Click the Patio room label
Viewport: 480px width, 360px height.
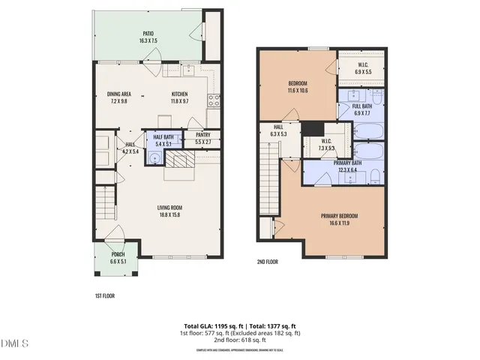148,37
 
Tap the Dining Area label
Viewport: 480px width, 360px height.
119,97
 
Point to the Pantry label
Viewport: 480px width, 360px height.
202,138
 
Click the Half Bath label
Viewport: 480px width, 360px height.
164,140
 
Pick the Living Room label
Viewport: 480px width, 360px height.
169,211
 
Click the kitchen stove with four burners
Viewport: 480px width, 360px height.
214,100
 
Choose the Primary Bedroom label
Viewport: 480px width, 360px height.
340,220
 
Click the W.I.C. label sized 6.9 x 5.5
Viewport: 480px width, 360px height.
362,67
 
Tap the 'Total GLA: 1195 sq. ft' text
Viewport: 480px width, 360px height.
206,326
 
